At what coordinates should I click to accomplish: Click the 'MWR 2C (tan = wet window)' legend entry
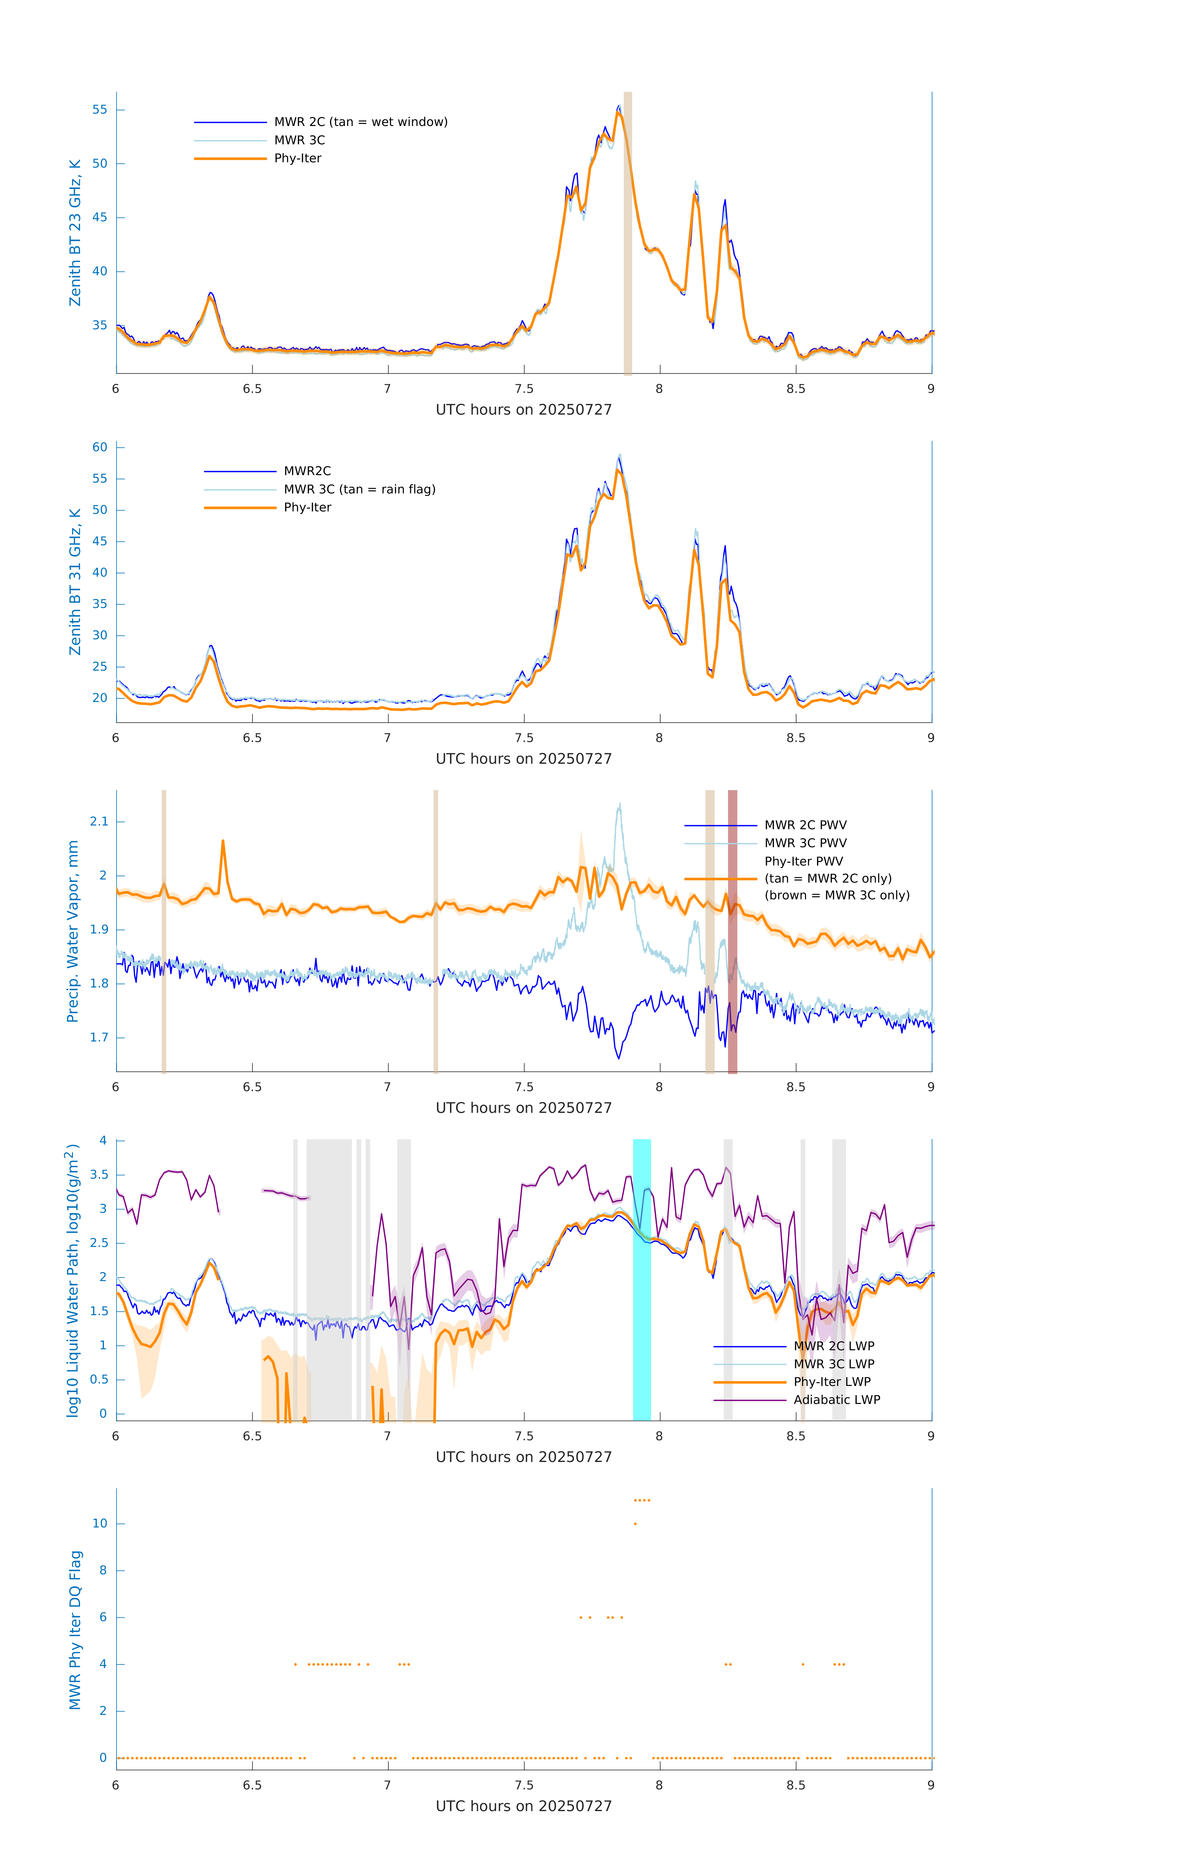click(x=360, y=122)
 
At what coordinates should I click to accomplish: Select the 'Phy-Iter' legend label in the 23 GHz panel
click(x=298, y=159)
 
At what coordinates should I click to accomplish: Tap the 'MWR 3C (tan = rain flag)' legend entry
click(x=360, y=489)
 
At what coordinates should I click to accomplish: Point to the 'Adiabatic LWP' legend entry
click(x=837, y=1400)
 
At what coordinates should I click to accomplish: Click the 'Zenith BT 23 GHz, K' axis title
click(x=75, y=233)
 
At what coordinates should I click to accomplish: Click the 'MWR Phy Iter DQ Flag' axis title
click(x=75, y=1630)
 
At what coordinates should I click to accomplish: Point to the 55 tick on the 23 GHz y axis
click(x=100, y=110)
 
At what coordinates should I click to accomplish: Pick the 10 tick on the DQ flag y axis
click(x=100, y=1523)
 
